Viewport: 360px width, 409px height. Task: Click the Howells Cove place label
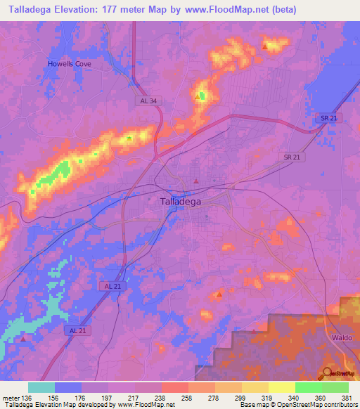(x=70, y=64)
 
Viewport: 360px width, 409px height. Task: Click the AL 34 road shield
(x=146, y=101)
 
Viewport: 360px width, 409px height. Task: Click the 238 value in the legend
(x=161, y=397)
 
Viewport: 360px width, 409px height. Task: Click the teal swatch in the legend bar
(x=41, y=387)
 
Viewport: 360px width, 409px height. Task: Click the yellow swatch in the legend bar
(x=281, y=387)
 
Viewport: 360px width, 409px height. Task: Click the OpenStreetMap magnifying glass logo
(x=328, y=373)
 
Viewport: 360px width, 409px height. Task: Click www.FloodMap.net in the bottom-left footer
(x=147, y=405)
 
